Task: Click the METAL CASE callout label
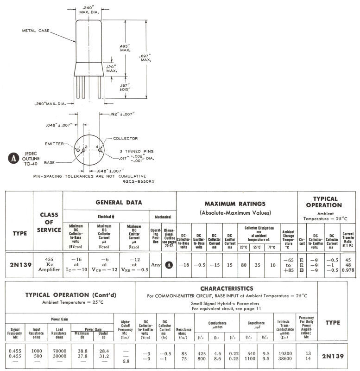click(x=36, y=31)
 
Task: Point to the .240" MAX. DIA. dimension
click(x=88, y=10)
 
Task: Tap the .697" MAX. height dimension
click(x=146, y=58)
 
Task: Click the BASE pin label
click(x=50, y=163)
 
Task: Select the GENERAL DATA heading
click(x=119, y=202)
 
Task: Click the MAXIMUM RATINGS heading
click(x=236, y=204)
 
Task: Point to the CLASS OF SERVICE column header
click(x=48, y=222)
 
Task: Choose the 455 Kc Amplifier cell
click(x=48, y=265)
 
